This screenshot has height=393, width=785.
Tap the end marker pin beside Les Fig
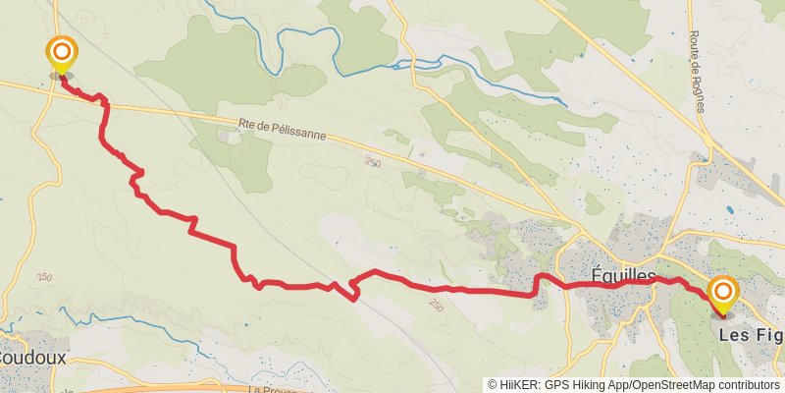pyautogui.click(x=723, y=293)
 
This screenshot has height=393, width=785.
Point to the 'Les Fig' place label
pyautogui.click(x=752, y=335)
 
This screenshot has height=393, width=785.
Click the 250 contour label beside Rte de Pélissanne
pyautogui.click(x=371, y=162)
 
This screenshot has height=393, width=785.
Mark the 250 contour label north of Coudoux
pyautogui.click(x=44, y=279)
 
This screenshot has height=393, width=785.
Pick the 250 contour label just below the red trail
pyautogui.click(x=436, y=307)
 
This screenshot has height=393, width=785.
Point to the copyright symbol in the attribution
pyautogui.click(x=493, y=385)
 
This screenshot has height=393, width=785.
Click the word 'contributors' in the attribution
pyautogui.click(x=747, y=385)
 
